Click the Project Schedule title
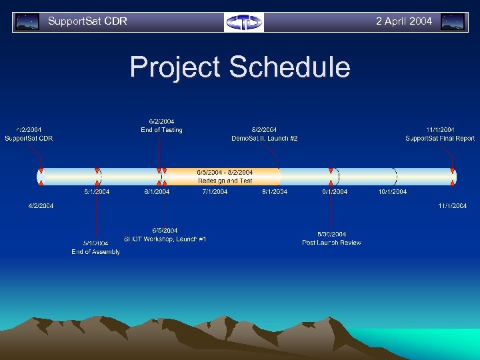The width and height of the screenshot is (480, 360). (239, 67)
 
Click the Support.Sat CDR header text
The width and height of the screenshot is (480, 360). (87, 21)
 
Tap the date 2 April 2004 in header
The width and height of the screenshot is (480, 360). (403, 21)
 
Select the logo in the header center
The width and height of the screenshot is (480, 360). (244, 22)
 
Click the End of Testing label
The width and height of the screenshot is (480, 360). (161, 130)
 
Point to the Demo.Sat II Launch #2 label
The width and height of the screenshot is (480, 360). (264, 139)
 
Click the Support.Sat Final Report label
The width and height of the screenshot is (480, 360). (440, 139)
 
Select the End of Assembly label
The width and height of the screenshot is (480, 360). (96, 252)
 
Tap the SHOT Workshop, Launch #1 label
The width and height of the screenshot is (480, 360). (165, 239)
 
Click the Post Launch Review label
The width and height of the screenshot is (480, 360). (331, 243)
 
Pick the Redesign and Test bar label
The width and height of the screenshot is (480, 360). (225, 181)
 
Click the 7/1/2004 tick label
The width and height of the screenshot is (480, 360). (215, 192)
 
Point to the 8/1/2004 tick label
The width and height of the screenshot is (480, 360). (275, 192)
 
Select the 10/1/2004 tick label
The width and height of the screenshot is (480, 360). (392, 192)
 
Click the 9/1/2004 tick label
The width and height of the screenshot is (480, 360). (334, 192)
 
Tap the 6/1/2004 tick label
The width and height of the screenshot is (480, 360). (157, 192)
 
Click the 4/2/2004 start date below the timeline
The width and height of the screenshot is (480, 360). (41, 206)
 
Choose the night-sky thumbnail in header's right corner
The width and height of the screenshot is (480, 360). (453, 22)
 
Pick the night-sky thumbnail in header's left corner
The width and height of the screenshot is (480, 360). (27, 22)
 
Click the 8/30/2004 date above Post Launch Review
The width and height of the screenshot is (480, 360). (331, 234)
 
